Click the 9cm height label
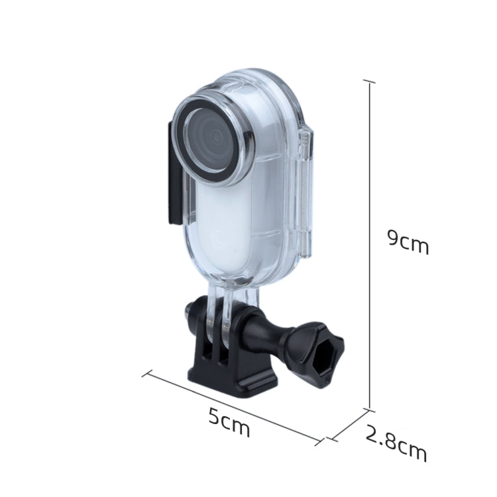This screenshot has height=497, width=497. (x=408, y=243)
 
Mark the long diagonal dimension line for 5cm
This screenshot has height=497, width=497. (x=232, y=405)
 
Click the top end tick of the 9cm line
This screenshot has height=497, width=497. (x=369, y=81)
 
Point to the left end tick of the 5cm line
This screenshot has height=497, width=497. (x=147, y=373)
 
